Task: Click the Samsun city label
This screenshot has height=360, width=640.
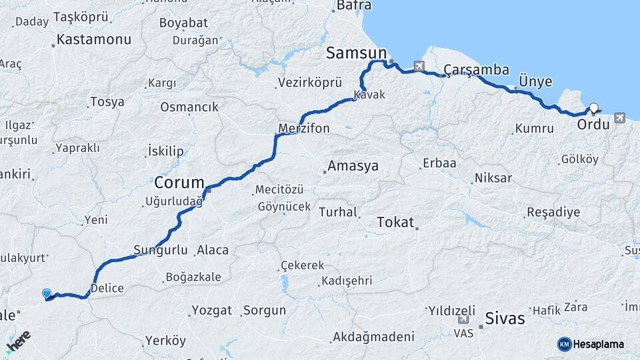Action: (356, 53)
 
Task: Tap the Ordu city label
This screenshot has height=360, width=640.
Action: (593, 125)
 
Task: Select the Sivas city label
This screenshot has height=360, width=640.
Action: (505, 319)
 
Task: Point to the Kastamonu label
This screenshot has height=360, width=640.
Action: (93, 39)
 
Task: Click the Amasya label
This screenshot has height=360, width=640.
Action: (353, 167)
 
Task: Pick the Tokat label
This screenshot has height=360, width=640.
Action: (395, 223)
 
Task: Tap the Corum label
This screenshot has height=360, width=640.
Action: (179, 183)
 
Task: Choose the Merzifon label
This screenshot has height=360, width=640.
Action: (303, 128)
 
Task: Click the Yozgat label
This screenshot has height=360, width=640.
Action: (211, 311)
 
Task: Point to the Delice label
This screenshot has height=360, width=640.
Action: (107, 289)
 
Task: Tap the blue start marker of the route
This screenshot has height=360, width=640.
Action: (46, 293)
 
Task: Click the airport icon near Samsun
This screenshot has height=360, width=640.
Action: (419, 66)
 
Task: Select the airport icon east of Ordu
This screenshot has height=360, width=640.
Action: (620, 118)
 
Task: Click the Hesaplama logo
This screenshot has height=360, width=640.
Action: (591, 344)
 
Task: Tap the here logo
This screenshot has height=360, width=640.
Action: (18, 341)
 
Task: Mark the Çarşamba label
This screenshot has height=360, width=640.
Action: (476, 70)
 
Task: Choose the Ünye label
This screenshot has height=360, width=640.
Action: (535, 82)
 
